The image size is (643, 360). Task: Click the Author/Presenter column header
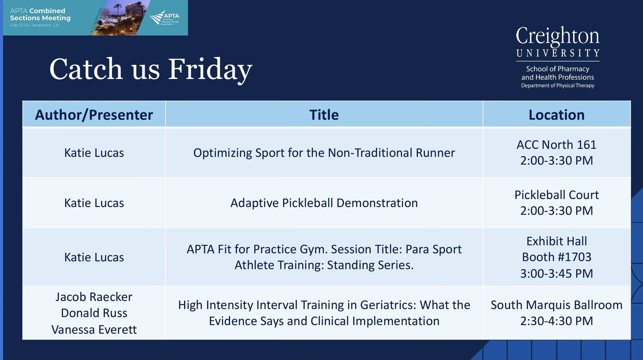tap(94, 115)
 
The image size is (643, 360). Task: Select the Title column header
tap(324, 115)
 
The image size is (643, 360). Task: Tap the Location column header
tap(557, 115)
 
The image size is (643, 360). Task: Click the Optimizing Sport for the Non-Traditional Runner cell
tap(324, 153)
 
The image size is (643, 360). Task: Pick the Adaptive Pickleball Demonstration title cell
tap(324, 203)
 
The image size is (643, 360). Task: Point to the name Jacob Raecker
tap(94, 297)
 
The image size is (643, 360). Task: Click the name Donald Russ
tap(94, 313)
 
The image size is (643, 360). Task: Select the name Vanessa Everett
tap(94, 330)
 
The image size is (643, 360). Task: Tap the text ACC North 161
tap(557, 145)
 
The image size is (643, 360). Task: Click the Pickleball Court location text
tap(557, 195)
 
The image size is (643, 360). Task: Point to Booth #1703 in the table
tap(557, 257)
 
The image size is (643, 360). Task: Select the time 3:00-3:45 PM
tap(557, 273)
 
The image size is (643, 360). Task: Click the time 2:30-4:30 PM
tap(557, 321)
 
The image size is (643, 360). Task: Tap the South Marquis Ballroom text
tap(557, 305)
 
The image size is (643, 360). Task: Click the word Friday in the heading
tap(210, 70)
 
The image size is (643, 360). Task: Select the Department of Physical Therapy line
tap(558, 85)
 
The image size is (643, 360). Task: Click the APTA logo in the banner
tap(165, 18)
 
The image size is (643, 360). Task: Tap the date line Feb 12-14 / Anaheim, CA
tap(35, 25)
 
